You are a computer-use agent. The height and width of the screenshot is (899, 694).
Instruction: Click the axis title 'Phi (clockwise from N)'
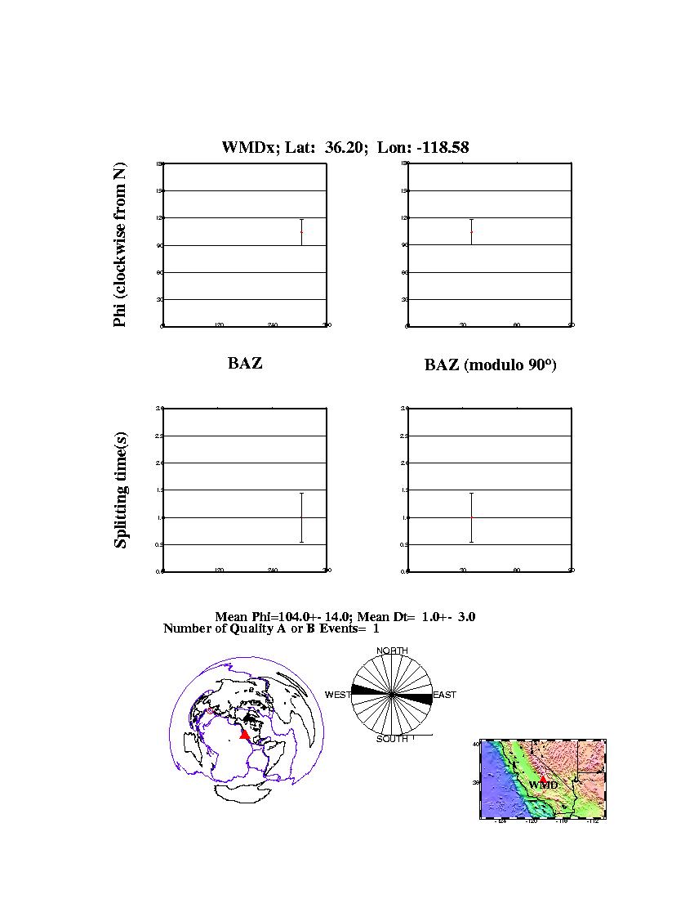(x=120, y=245)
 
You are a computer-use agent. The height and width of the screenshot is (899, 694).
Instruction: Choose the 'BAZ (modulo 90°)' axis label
(x=490, y=365)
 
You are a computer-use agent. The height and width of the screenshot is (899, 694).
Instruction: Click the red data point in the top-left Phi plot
(x=301, y=232)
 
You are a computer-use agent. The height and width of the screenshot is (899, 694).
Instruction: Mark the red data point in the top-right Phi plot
(x=471, y=232)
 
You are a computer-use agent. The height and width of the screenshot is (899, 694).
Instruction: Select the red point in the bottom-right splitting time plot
(x=471, y=517)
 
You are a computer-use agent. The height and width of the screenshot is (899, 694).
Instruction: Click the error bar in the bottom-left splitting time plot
(x=301, y=517)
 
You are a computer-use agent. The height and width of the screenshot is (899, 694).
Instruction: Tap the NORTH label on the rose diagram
(x=392, y=651)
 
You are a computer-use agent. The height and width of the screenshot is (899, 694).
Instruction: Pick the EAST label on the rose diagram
(x=444, y=695)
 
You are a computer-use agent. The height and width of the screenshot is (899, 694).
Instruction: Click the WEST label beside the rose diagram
(x=338, y=695)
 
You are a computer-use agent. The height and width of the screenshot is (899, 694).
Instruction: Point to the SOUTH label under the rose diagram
(x=392, y=739)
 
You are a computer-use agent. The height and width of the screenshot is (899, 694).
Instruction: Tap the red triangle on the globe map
(x=244, y=735)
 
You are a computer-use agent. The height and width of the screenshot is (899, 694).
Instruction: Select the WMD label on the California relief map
(x=543, y=785)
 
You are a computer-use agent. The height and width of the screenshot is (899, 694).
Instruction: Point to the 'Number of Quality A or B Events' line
(x=271, y=628)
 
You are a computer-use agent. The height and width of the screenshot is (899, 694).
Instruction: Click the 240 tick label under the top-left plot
(x=273, y=325)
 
